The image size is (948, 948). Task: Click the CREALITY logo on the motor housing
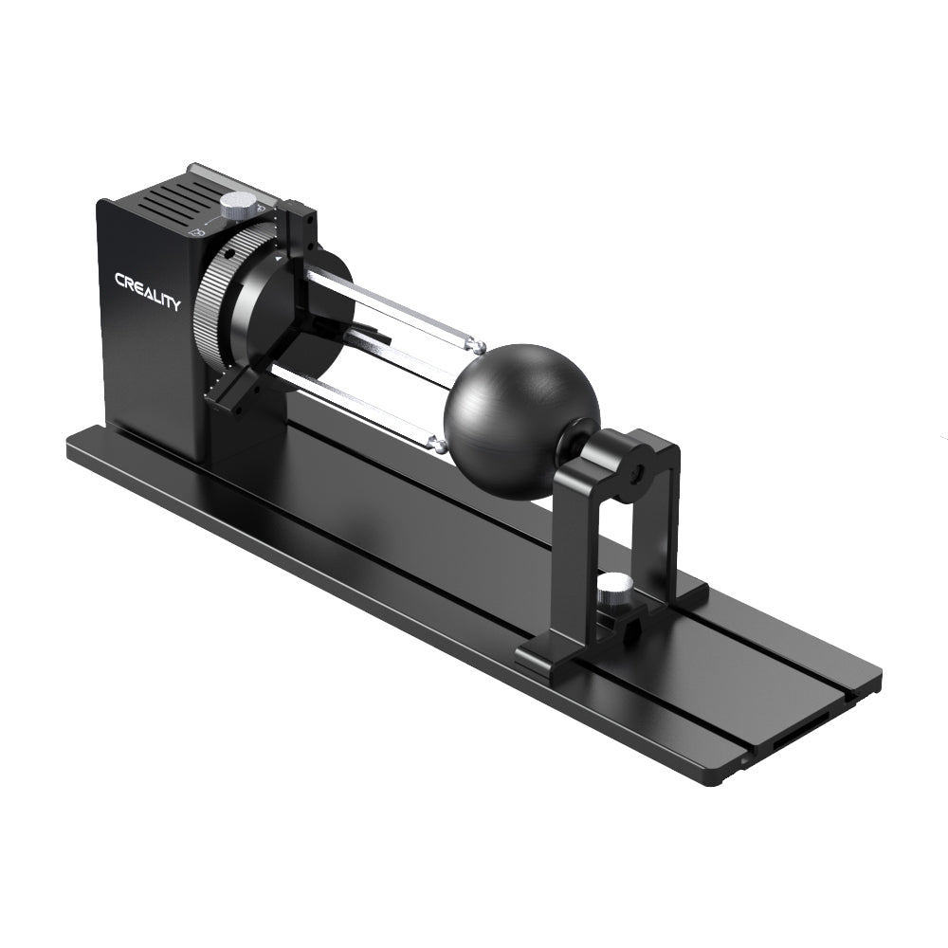pos(147,291)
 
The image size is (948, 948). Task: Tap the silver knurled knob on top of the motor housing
pos(238,203)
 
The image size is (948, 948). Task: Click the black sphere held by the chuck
pos(521,420)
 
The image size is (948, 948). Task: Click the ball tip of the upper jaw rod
pos(480,347)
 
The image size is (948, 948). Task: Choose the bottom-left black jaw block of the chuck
pos(230,391)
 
